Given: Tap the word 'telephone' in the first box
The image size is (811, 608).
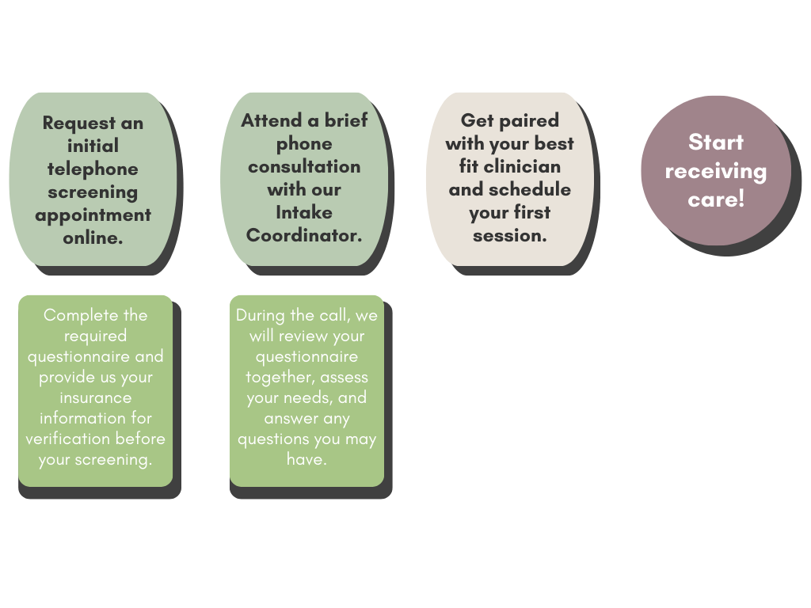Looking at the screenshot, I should (x=93, y=169).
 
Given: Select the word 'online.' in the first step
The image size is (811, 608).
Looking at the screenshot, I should (x=93, y=237).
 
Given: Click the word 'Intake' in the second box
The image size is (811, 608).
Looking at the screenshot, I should (x=304, y=212).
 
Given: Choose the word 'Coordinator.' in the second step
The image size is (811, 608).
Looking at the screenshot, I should (x=304, y=235).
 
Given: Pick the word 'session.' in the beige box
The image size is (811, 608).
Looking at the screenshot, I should (x=510, y=235).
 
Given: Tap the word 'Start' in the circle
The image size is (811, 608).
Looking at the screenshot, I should (x=716, y=142).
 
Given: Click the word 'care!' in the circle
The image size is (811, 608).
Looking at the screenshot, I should (x=716, y=199).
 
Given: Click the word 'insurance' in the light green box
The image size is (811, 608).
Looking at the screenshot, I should (x=96, y=397).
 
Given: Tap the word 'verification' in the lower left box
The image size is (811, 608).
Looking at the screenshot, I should (x=68, y=439).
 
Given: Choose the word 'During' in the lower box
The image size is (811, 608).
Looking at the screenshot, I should (x=261, y=315).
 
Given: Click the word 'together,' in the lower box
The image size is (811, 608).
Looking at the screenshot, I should (x=280, y=377).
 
